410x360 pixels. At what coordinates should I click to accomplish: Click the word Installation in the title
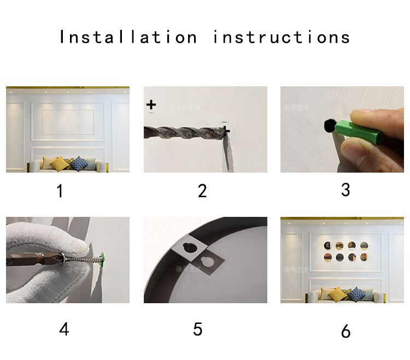(128, 37)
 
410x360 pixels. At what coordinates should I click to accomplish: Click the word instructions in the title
(282, 37)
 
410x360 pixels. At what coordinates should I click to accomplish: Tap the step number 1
(60, 191)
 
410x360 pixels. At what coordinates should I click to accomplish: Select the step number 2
(202, 191)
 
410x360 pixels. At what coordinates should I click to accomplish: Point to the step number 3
(345, 190)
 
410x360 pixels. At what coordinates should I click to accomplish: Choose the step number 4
(64, 329)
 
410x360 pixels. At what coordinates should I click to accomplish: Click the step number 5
(198, 329)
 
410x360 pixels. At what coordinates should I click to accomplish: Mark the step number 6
(345, 331)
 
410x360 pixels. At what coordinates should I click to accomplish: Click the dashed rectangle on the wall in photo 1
(68, 122)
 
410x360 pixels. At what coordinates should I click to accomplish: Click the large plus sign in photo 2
(151, 104)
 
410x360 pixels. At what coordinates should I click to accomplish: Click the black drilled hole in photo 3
(329, 126)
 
